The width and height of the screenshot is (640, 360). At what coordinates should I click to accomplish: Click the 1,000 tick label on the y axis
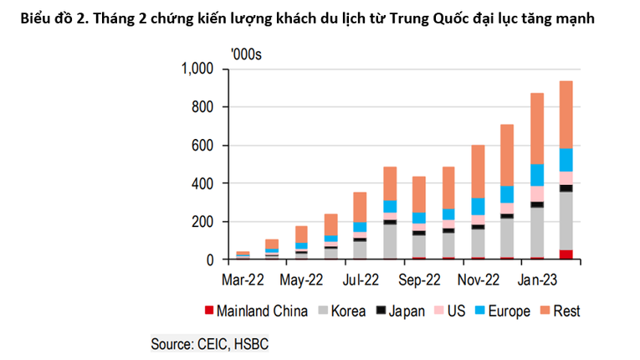pos(198,69)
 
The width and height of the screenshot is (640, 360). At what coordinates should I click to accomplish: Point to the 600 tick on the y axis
pos(205,146)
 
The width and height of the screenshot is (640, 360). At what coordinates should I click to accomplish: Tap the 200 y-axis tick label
pos(205,222)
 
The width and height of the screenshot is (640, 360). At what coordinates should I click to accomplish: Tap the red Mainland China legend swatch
pos(208,311)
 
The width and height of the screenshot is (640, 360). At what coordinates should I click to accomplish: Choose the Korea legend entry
pos(346,311)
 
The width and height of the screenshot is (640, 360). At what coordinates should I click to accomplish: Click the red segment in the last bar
pos(566,255)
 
